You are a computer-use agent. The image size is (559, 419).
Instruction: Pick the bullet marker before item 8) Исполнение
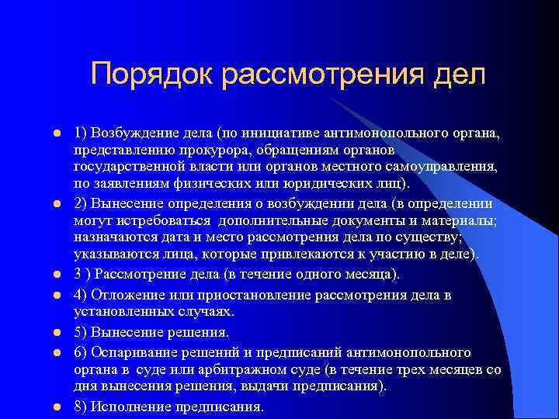pyautogui.click(x=57, y=407)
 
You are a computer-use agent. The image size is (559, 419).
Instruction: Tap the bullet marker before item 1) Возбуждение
pyautogui.click(x=57, y=133)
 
